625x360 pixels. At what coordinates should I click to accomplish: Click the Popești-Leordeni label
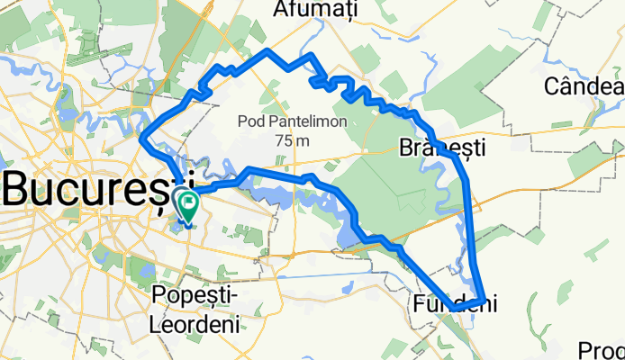pyautogui.click(x=195, y=310)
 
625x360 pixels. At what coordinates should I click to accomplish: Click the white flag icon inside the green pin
pyautogui.click(x=189, y=201)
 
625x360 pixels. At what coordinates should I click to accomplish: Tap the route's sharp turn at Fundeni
pyautogui.click(x=485, y=300)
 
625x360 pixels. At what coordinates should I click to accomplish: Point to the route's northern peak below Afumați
pyautogui.click(x=267, y=49)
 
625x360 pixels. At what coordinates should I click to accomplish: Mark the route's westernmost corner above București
pyautogui.click(x=142, y=137)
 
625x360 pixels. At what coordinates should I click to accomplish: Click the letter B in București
pyautogui.click(x=19, y=188)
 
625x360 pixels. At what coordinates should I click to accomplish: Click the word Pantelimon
pyautogui.click(x=296, y=121)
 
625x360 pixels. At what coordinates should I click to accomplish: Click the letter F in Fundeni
pyautogui.click(x=421, y=302)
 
